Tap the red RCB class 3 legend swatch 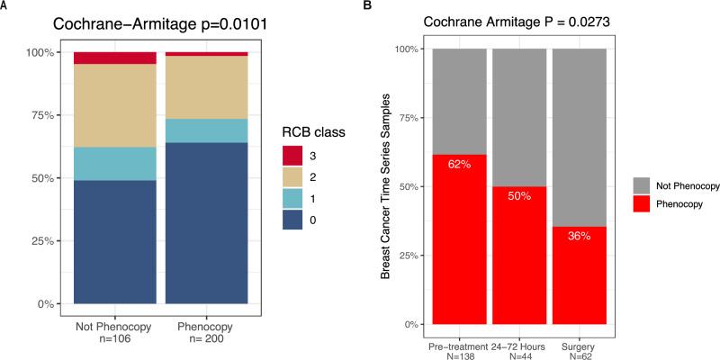pyautogui.click(x=292, y=155)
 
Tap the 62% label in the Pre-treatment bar pyautogui.click(x=459, y=166)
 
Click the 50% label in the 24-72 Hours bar pyautogui.click(x=518, y=197)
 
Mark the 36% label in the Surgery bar pyautogui.click(x=579, y=237)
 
